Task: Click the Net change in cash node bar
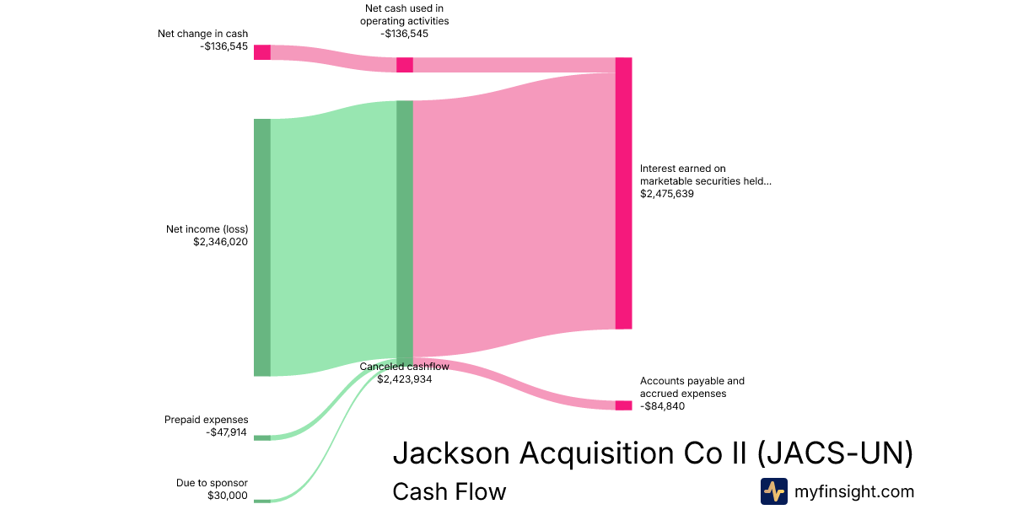(262, 52)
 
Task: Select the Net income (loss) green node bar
(262, 247)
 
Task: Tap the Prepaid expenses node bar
(262, 437)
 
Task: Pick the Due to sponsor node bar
(262, 501)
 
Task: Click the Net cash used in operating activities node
(405, 65)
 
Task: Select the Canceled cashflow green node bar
(405, 229)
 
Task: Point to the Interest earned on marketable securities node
(623, 193)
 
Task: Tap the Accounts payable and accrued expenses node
(623, 405)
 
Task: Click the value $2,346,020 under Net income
(220, 241)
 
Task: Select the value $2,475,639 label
(666, 194)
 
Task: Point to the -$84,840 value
(662, 406)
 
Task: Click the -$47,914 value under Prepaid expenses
(227, 432)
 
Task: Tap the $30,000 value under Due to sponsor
(228, 496)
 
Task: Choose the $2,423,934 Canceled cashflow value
(405, 379)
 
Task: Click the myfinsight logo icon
(773, 491)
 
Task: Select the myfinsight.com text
(854, 491)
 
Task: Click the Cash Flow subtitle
(449, 491)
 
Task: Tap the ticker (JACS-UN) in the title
(835, 453)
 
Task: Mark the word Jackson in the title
(451, 453)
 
